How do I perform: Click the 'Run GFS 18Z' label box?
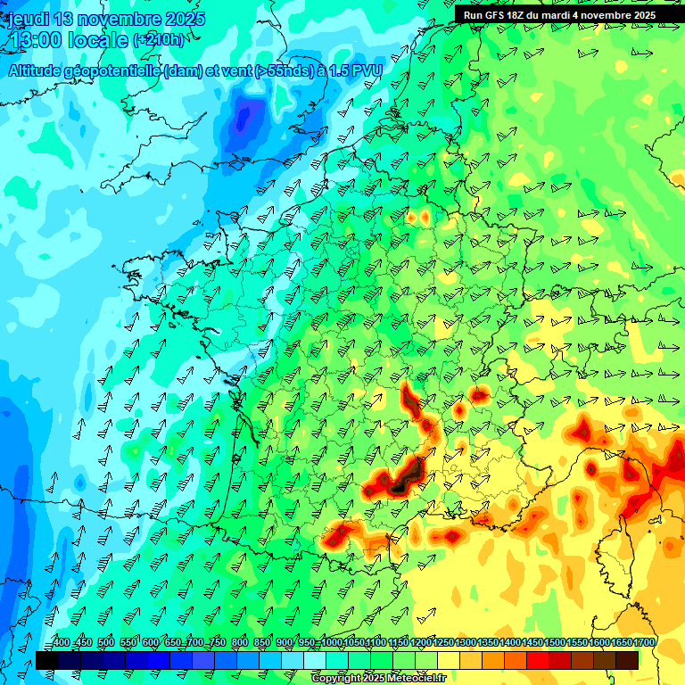coord(559,14)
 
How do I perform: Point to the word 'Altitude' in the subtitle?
coord(37,71)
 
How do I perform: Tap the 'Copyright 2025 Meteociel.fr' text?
coord(378,679)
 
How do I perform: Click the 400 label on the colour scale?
coord(62,643)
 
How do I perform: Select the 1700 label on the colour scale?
coord(645,643)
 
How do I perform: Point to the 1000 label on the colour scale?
coord(332,643)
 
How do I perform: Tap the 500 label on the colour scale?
coord(105,643)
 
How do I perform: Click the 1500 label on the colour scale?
coord(555,643)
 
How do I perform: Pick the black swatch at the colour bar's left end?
coord(46,660)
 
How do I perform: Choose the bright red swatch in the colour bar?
coord(538,660)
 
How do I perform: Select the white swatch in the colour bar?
coord(314,660)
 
